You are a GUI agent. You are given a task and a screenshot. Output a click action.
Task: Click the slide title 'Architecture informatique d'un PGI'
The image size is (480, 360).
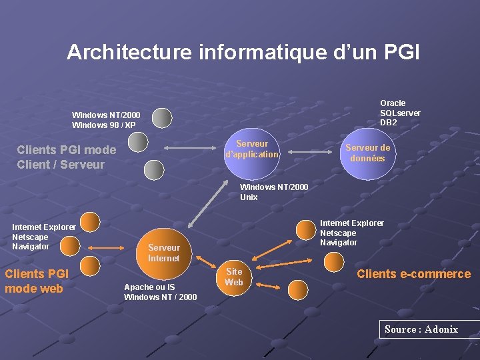(x=243, y=52)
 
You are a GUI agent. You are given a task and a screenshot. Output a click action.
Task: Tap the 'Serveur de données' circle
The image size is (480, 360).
(x=367, y=153)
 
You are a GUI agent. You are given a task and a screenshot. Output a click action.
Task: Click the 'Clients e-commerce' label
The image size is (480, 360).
(x=413, y=274)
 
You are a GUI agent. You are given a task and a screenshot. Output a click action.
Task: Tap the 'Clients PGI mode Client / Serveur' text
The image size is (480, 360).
(x=66, y=157)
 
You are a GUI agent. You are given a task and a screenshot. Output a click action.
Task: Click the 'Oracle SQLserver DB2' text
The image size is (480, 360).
(x=400, y=113)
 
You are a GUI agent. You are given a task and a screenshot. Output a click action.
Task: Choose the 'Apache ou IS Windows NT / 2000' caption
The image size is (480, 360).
(x=160, y=292)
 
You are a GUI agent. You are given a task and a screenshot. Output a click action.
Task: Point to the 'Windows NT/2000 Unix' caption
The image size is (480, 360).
(x=274, y=192)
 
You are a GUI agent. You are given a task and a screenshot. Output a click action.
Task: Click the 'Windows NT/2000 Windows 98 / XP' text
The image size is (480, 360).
(x=106, y=120)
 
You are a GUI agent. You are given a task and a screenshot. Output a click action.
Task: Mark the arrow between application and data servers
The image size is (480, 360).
(x=311, y=153)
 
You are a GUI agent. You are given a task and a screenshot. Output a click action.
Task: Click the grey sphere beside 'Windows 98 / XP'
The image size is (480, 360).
(x=161, y=118)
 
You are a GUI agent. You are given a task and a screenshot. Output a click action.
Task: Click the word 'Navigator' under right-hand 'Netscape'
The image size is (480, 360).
(x=339, y=243)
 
